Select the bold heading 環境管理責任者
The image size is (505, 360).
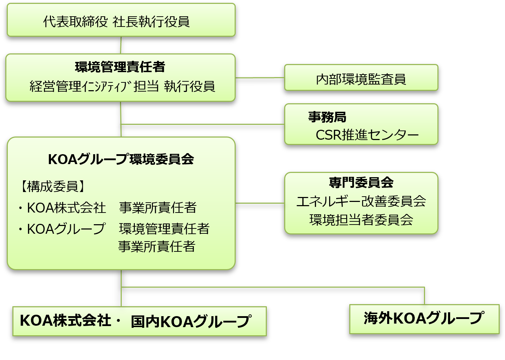pos(120,67)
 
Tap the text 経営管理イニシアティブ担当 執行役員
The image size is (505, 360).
pos(122,86)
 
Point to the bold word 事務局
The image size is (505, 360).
pos(327,117)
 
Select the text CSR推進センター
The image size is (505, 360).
pos(367,135)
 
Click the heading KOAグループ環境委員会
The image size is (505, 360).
pos(121,159)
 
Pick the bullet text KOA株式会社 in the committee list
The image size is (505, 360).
pos(66,208)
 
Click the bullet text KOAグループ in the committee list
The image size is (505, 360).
pos(66,229)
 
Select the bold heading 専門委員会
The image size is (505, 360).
pos(361,182)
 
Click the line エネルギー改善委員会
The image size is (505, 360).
pos(361,201)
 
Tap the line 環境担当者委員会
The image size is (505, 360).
pos(361,220)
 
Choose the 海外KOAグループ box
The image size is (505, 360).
pos(424,319)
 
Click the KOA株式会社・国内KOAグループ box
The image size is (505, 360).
pos(139,321)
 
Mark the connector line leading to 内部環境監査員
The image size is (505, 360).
pos(260,77)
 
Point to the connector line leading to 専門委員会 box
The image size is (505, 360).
pos(260,203)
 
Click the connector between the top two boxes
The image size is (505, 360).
pos(121,45)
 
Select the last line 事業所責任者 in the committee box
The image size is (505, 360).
pos(157,246)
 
